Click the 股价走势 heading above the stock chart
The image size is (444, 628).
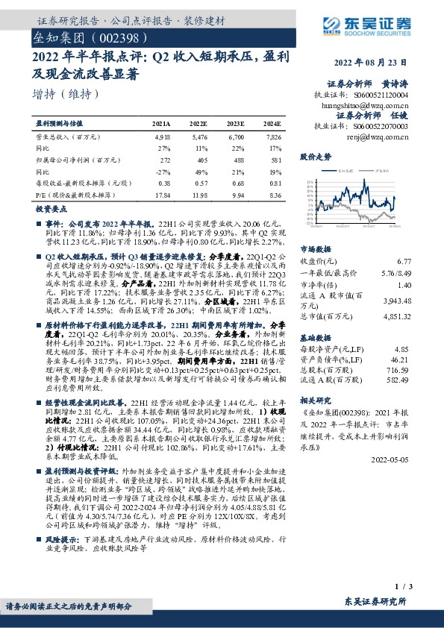pyautogui.click(x=315, y=157)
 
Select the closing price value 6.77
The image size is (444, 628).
pyautogui.click(x=404, y=261)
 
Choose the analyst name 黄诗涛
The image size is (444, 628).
pyautogui.click(x=398, y=84)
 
